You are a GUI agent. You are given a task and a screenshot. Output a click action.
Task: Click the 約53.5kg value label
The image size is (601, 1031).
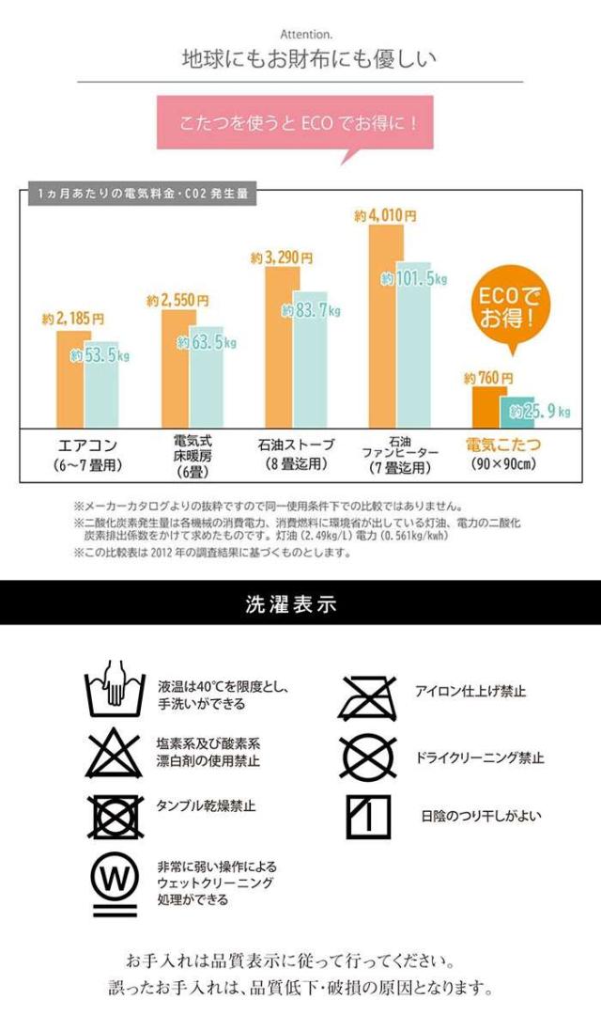pyautogui.click(x=100, y=356)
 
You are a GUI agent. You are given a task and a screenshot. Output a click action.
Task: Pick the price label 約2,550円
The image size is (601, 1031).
pyautogui.click(x=177, y=301)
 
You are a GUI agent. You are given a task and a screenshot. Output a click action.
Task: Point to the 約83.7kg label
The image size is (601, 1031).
pyautogui.click(x=311, y=311)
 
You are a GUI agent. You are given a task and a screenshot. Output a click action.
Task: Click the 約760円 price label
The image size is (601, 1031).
pyautogui.click(x=485, y=378)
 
